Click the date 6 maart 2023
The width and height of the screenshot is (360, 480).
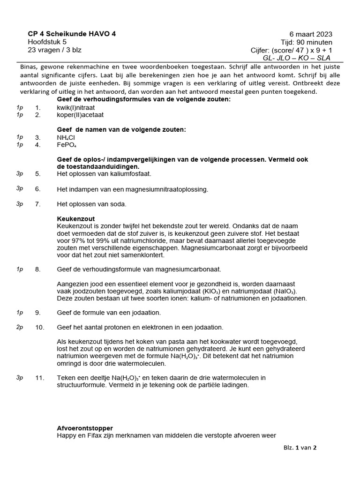[311, 34]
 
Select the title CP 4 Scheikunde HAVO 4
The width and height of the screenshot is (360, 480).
[72, 34]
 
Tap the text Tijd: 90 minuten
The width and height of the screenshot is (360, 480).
[307, 42]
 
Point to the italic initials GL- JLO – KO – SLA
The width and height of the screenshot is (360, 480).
[297, 58]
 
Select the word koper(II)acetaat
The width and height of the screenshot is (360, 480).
[80, 114]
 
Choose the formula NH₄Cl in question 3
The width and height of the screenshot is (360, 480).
[66, 137]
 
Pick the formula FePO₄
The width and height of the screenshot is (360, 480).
[67, 145]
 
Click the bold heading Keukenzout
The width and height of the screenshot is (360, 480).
[75, 219]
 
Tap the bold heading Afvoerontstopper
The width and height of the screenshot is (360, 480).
[84, 428]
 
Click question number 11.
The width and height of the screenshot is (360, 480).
[39, 378]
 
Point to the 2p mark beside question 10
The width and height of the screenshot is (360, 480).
[20, 327]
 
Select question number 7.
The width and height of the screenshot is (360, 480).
[38, 204]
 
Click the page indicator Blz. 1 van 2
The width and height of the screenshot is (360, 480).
[300, 447]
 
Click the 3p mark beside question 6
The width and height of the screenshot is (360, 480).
[20, 188]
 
